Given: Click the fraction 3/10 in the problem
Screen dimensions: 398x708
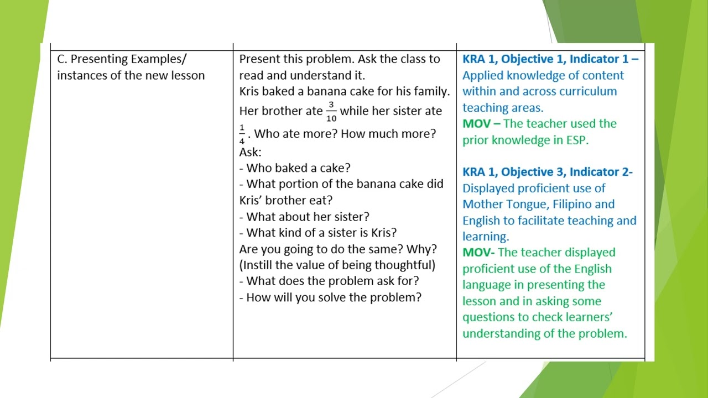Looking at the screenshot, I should (x=331, y=111).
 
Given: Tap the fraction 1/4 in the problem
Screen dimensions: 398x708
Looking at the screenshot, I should (x=242, y=134).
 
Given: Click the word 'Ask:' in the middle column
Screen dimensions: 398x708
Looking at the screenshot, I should (x=250, y=151).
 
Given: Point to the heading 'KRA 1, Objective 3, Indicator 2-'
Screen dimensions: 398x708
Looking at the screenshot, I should (x=548, y=172).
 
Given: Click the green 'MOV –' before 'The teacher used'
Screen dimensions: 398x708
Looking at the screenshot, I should (x=481, y=124).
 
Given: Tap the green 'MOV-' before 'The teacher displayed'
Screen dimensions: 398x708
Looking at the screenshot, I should (x=480, y=253).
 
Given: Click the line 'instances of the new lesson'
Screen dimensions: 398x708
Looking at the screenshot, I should (x=131, y=75).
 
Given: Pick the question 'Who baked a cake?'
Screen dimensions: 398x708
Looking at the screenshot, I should (x=298, y=167).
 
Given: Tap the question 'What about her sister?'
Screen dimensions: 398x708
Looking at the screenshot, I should (x=308, y=216).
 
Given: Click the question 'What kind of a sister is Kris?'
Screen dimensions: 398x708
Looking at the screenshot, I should (x=321, y=232).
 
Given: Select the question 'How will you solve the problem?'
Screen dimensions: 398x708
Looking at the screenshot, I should (x=334, y=297).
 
